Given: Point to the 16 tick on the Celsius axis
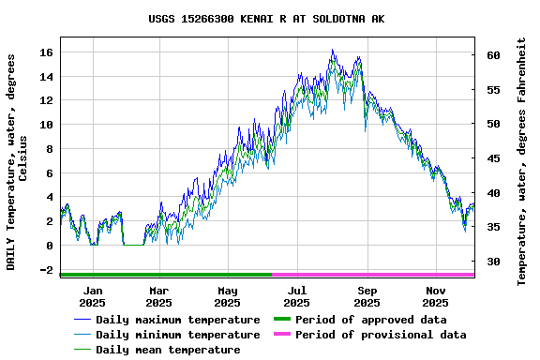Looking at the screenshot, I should [x=47, y=52].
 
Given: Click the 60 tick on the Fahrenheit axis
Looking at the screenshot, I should [x=493, y=55].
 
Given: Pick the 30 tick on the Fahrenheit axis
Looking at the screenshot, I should [x=493, y=262].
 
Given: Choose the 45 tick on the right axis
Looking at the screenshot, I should [x=493, y=158].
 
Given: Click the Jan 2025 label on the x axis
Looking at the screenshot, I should [x=92, y=296].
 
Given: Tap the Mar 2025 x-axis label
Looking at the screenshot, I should [x=159, y=296].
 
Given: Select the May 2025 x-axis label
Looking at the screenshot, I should [x=228, y=296].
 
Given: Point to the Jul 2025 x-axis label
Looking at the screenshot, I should [x=296, y=296].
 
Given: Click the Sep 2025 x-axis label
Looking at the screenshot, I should [x=367, y=296].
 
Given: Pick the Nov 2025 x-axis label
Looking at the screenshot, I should [x=435, y=296].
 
